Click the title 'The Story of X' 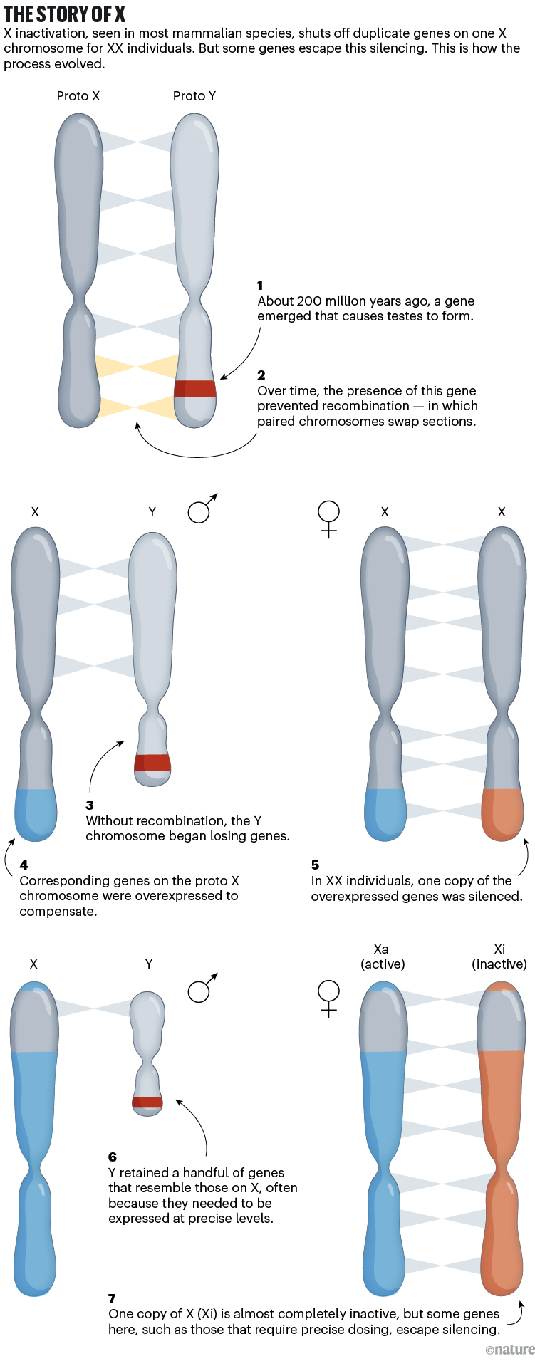pos(64,14)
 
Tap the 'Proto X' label pos(78,96)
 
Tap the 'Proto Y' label pos(194,96)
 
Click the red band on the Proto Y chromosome pos(195,388)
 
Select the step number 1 pos(261,285)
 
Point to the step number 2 pos(261,375)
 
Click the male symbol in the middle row pos(202,509)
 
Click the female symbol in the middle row pos(328,518)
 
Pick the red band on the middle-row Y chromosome pos(152,763)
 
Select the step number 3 pos(90,805)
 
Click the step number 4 pos(24,865)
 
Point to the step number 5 pos(315,865)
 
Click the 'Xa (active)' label pos(383,956)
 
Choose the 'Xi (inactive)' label pos(499,956)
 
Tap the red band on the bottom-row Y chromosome pos(147,1102)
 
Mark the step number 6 pos(113,1157)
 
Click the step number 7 pos(112,1298)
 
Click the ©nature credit pos(509,1350)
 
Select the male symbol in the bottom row pos(202,988)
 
